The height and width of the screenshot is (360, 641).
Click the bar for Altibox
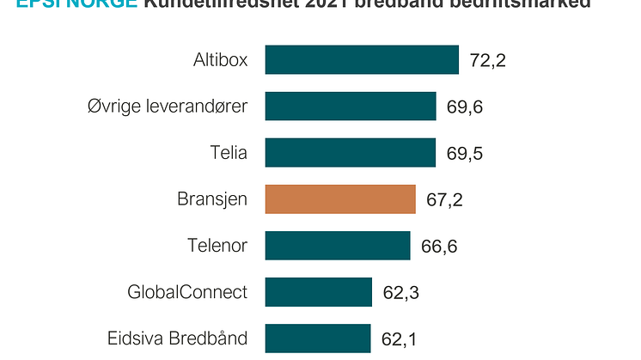pos(361,60)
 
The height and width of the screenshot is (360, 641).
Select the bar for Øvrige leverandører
pos(350,107)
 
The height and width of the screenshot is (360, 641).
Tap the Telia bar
pos(350,153)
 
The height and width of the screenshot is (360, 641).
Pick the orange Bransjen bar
pos(340,199)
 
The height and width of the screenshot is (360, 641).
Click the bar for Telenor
pos(337,246)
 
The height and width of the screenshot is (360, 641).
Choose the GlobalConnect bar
pos(318,292)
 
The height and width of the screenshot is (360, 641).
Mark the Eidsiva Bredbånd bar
pos(317,338)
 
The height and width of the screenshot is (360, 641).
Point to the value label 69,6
pos(465,107)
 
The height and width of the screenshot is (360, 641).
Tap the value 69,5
pos(465,154)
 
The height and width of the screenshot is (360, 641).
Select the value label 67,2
pos(444,200)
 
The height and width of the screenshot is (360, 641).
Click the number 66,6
pos(439,247)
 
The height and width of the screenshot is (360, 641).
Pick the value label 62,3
pos(400,293)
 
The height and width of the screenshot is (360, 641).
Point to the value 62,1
pos(400,339)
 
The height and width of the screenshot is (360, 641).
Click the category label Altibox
pos(220,61)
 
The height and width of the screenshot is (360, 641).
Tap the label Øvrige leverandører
pos(168,107)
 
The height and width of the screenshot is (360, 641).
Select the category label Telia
pos(228,153)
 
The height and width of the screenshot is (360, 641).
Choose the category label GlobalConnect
pos(186,292)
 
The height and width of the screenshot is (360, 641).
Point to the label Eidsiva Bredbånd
pos(178,338)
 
